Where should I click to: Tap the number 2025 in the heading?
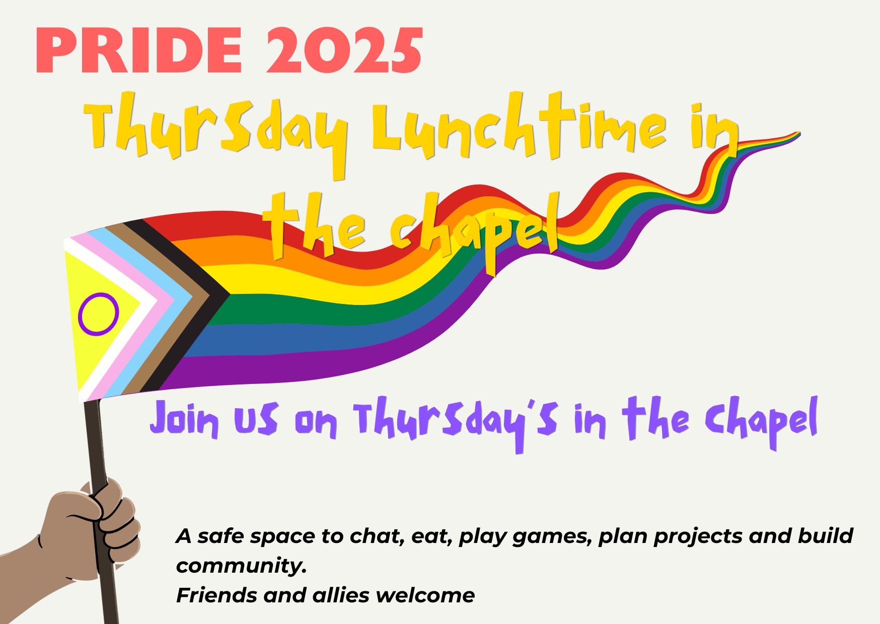pos(344,50)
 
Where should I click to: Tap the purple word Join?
pos(184,420)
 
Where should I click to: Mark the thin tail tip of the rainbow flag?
pos(799,133)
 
